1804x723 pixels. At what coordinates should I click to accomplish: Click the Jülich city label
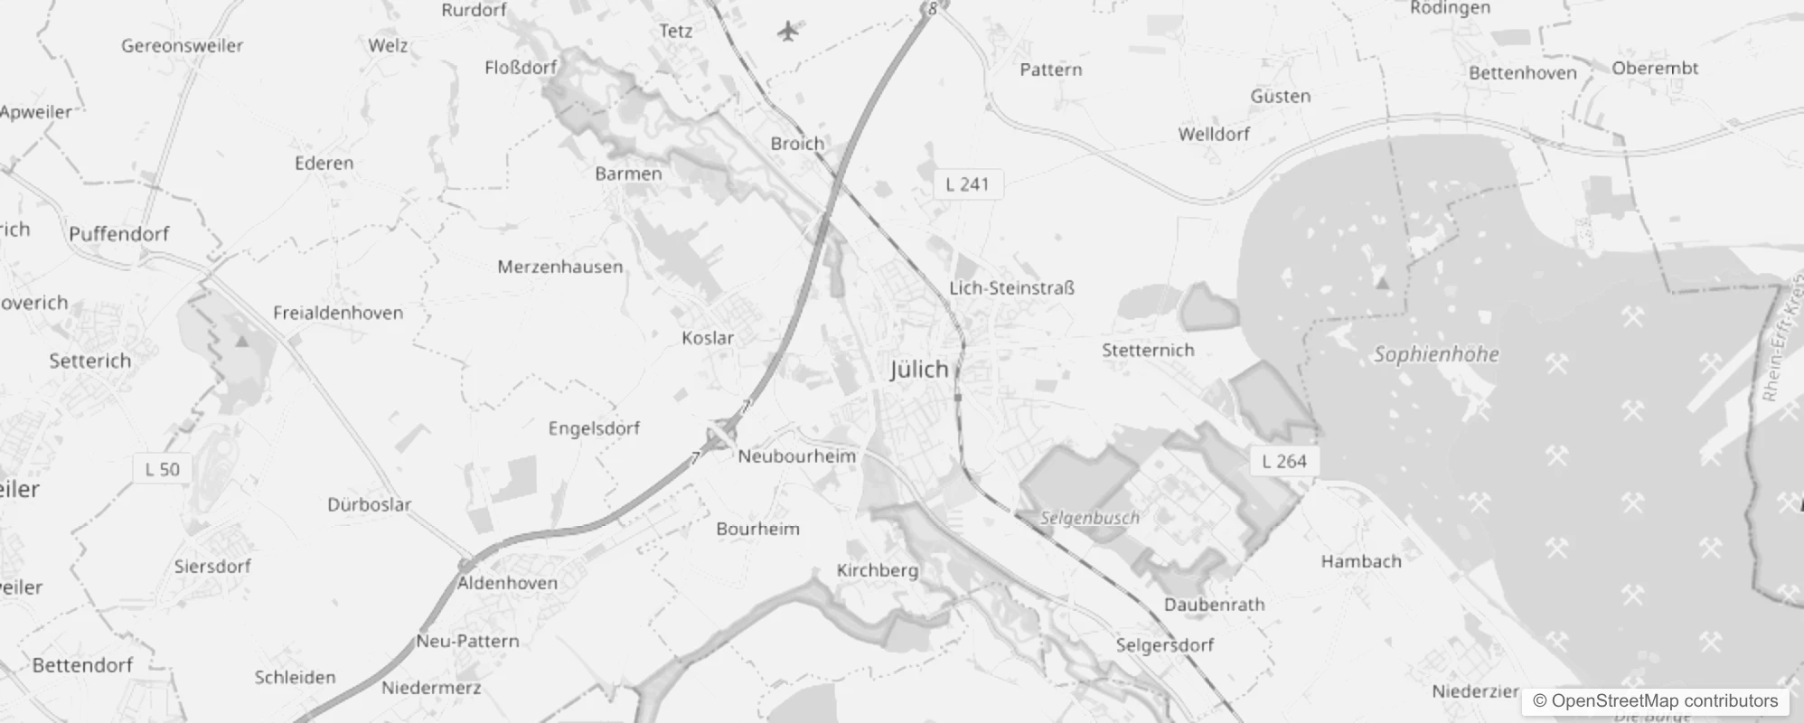(919, 370)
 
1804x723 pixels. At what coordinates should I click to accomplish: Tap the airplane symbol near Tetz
(788, 32)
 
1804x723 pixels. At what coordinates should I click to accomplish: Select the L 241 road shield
(967, 184)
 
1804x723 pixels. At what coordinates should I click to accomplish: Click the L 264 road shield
(1284, 461)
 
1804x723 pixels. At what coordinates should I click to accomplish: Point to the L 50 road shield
(163, 469)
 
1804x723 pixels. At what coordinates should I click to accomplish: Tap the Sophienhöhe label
(1436, 354)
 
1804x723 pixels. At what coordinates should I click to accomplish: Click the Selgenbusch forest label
(1089, 518)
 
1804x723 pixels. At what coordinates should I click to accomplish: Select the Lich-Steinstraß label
(1011, 288)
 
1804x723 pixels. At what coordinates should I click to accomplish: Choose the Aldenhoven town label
(507, 583)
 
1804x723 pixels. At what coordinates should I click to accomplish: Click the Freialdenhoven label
(338, 313)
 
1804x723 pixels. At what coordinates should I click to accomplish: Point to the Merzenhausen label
(559, 267)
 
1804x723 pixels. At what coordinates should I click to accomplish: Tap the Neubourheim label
(796, 456)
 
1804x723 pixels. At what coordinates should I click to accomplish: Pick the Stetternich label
(1148, 350)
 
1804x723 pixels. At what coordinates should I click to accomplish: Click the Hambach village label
(1361, 561)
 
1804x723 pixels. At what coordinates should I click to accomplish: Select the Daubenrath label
(1214, 605)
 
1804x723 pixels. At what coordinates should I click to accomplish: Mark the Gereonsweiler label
(183, 45)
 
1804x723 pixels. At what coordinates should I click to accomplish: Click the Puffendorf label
(119, 234)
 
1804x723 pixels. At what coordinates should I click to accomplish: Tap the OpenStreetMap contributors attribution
(1655, 701)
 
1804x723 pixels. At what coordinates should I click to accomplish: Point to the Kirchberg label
(877, 570)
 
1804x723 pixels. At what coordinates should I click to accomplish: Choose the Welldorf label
(1214, 134)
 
